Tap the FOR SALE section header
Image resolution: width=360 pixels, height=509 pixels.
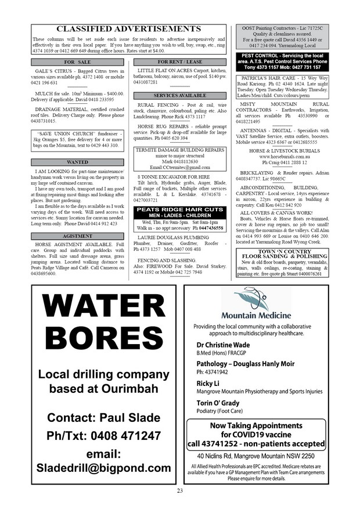pyautogui.click(x=77, y=61)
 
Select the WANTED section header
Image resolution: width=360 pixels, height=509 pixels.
pyautogui.click(x=77, y=163)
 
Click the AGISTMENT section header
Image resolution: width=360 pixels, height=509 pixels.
pyautogui.click(x=77, y=236)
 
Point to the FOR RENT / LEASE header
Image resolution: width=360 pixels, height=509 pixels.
pyautogui.click(x=179, y=61)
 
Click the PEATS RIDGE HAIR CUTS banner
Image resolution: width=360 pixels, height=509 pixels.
pyautogui.click(x=179, y=209)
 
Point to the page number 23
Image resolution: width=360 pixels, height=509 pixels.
pyautogui.click(x=180, y=492)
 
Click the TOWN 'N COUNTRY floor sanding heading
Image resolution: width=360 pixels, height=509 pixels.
pyautogui.click(x=283, y=254)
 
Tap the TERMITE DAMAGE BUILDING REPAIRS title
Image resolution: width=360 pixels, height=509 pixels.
pyautogui.click(x=179, y=149)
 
